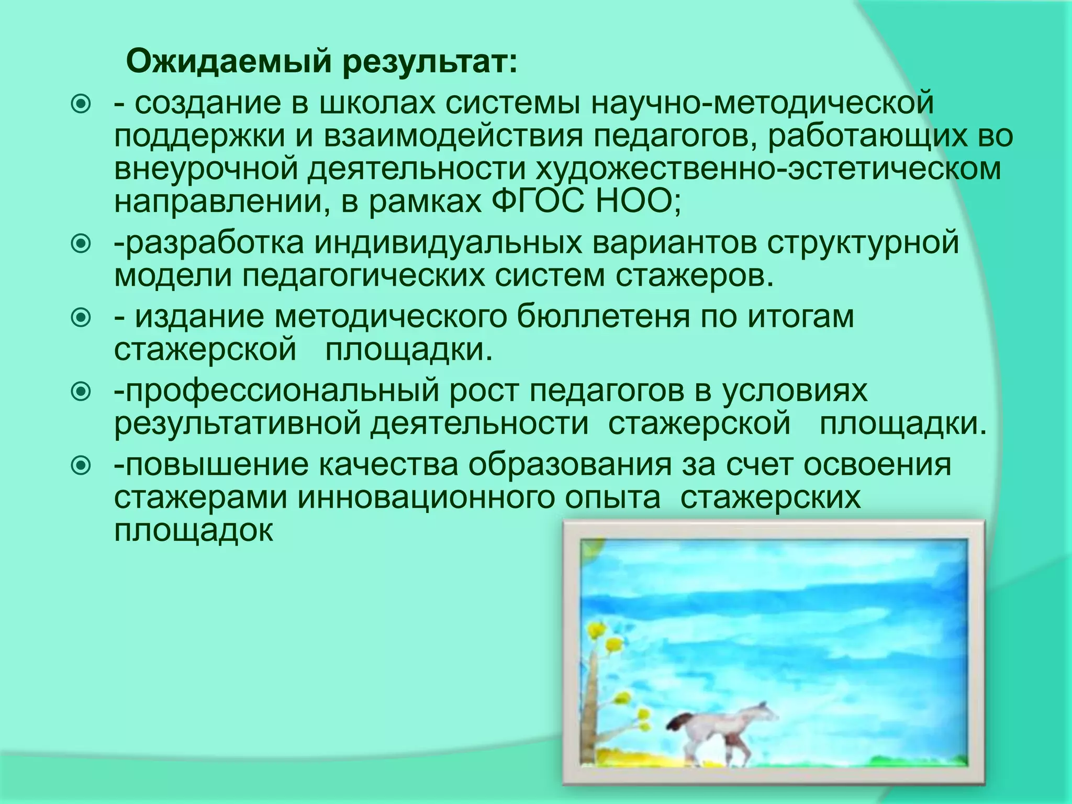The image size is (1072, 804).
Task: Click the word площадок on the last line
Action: coord(194,531)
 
